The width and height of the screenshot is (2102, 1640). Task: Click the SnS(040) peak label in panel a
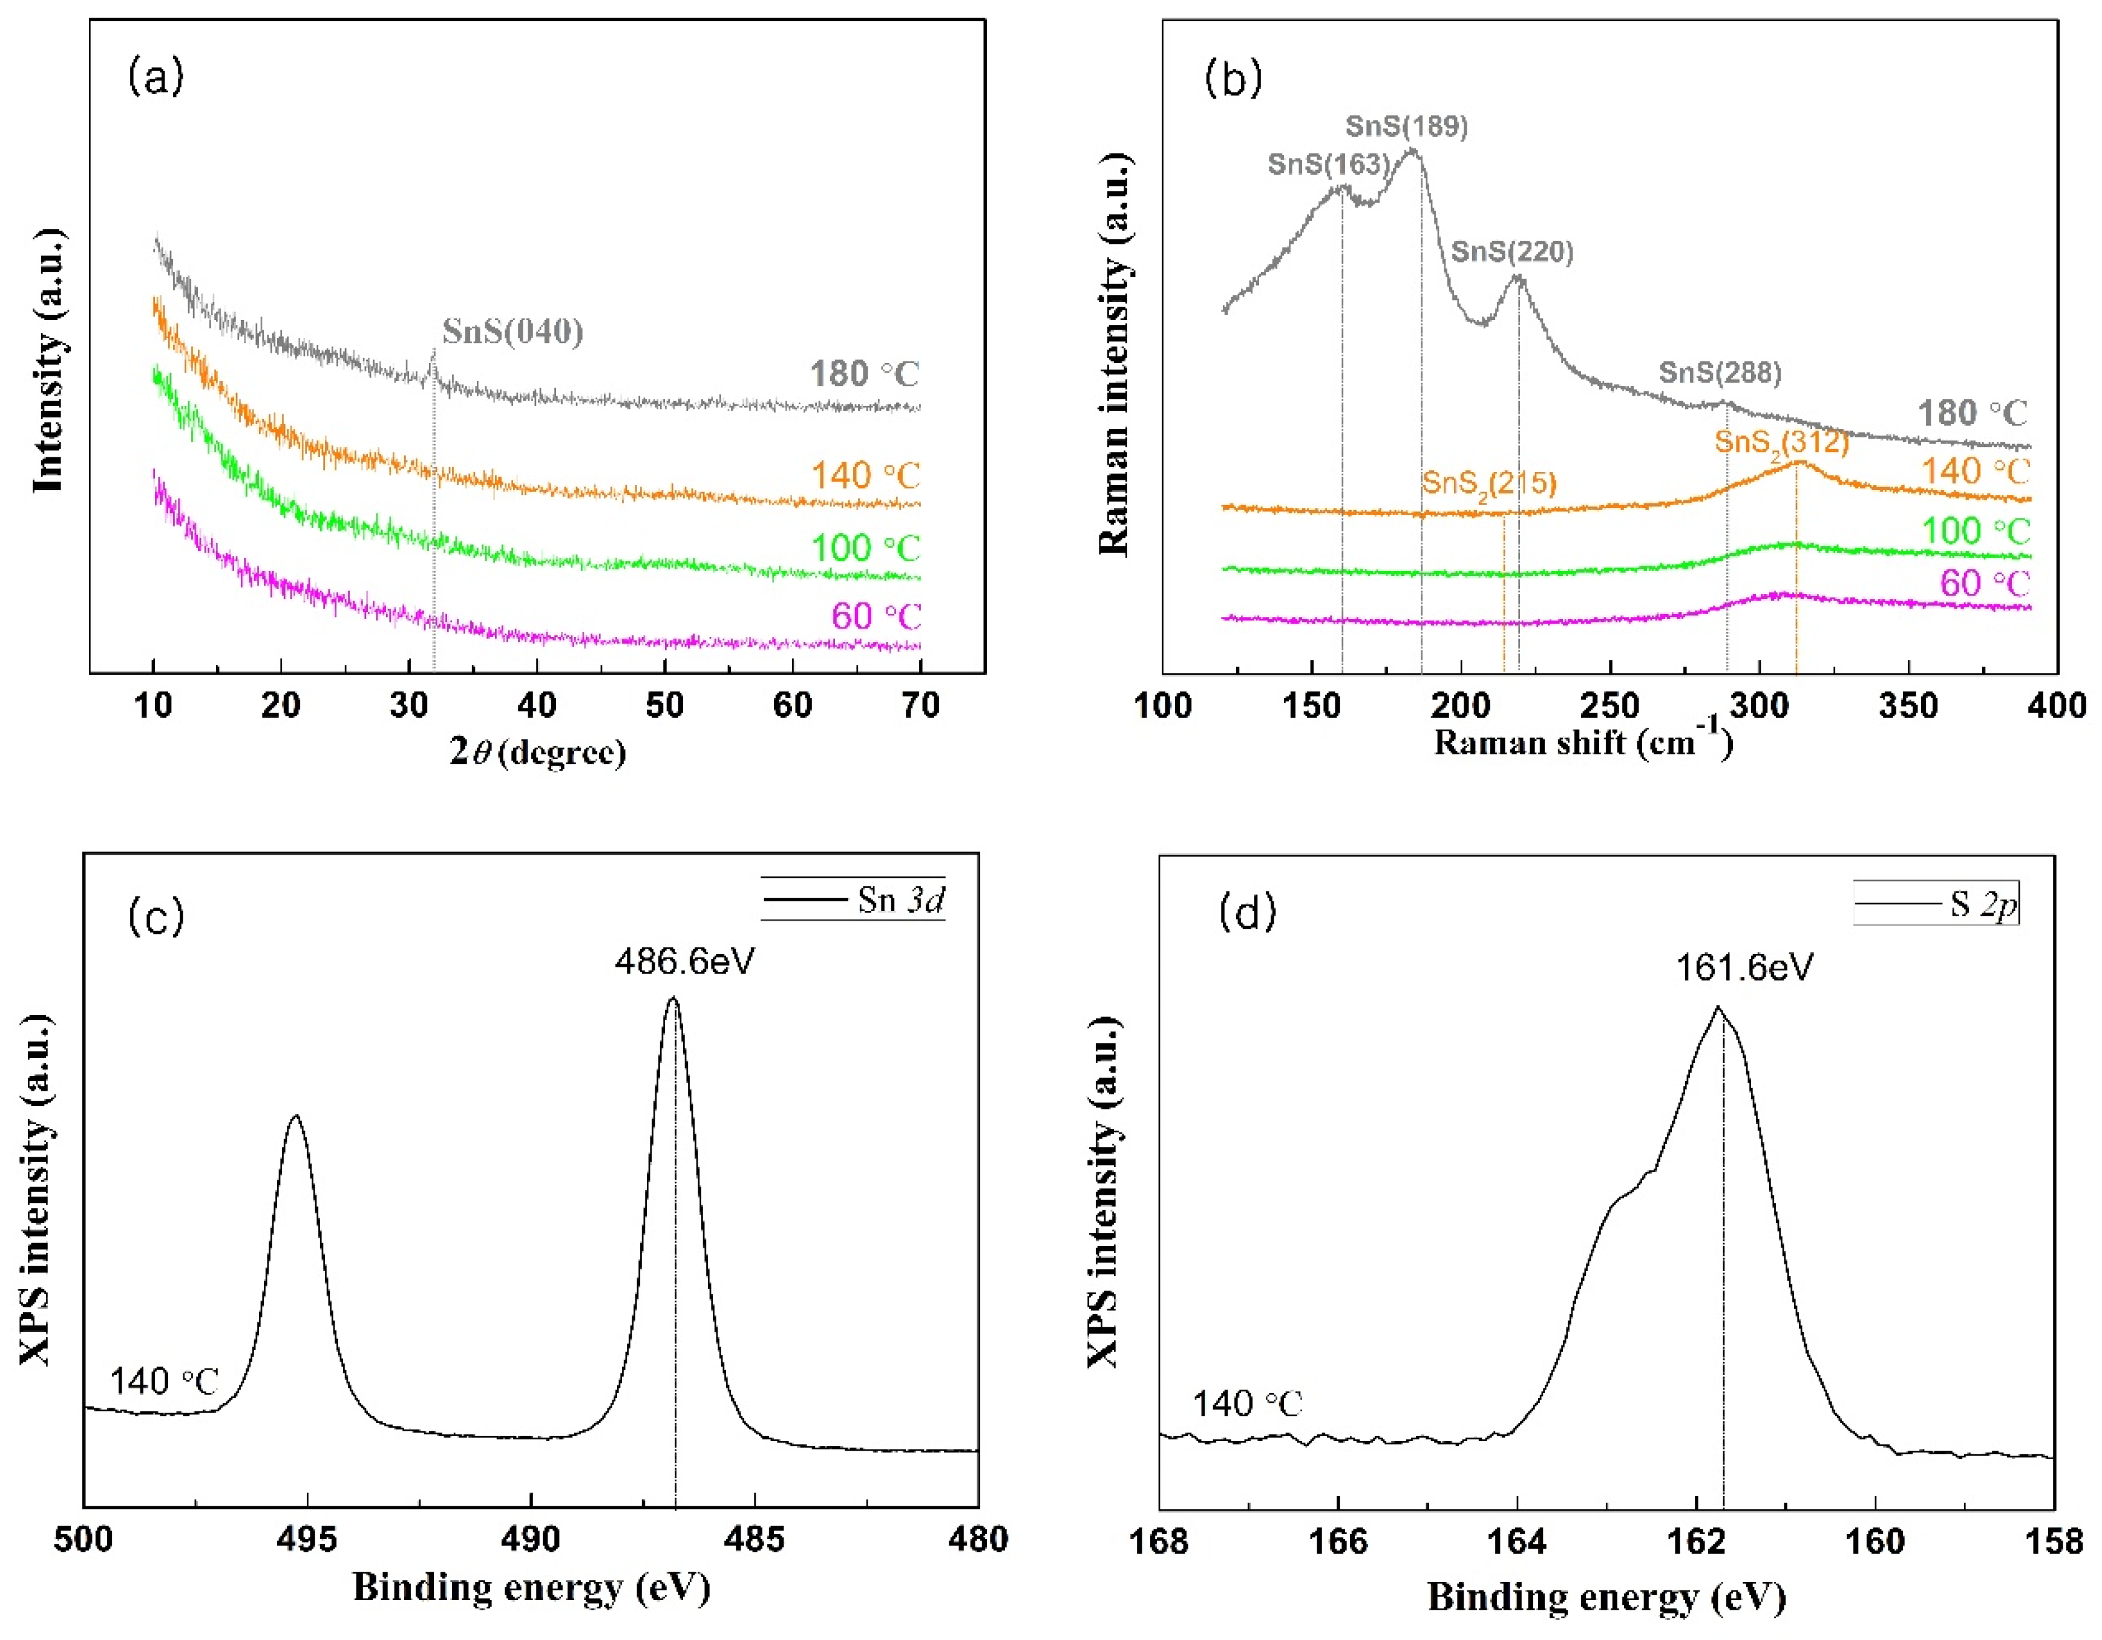(513, 332)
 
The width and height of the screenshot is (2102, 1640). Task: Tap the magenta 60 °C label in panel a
(876, 616)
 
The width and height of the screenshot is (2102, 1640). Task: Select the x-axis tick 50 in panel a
(664, 705)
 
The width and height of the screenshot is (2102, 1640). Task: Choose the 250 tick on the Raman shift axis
(1609, 705)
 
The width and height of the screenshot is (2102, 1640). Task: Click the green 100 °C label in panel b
(1975, 531)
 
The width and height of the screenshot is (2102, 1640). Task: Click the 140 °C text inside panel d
(1247, 1404)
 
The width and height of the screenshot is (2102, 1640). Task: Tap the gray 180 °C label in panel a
(864, 373)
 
